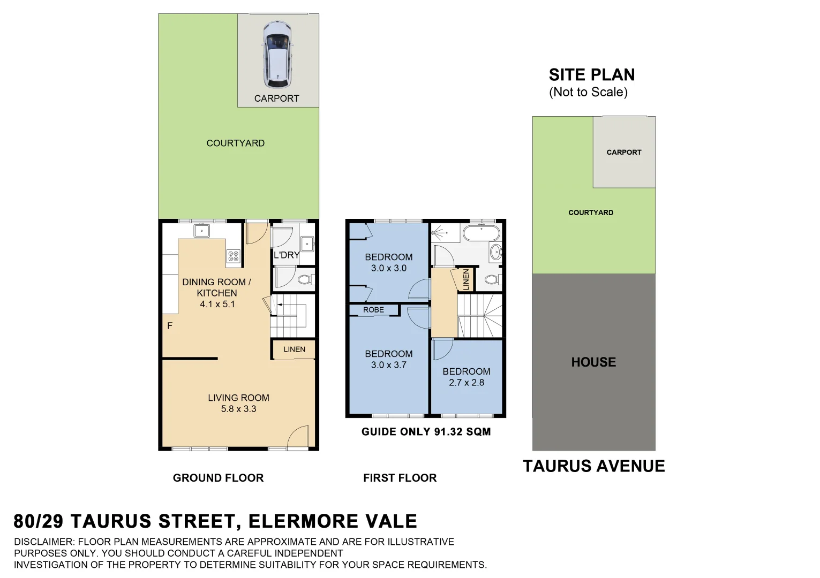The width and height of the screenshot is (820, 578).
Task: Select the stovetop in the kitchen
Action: [233, 256]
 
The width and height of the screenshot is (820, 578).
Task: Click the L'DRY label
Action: [286, 255]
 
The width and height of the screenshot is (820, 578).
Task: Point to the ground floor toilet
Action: [305, 279]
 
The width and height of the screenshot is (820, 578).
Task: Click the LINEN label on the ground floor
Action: [294, 349]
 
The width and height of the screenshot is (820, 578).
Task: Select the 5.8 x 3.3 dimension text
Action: [238, 409]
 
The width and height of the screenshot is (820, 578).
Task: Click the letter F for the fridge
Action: [170, 325]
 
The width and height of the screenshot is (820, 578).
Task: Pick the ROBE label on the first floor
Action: [373, 310]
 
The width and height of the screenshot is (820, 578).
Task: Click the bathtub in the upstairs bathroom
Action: [481, 234]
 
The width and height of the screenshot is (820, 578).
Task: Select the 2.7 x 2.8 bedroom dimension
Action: [466, 383]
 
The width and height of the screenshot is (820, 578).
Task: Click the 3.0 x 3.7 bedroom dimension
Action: [388, 365]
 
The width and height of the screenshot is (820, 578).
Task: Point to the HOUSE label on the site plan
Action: [593, 362]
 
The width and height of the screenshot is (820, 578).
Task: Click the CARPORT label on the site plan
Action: [623, 153]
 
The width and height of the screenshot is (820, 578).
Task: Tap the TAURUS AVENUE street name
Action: [593, 466]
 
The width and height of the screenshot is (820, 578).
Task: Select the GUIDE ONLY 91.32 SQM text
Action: [426, 432]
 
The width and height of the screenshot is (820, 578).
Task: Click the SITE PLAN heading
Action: [591, 75]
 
